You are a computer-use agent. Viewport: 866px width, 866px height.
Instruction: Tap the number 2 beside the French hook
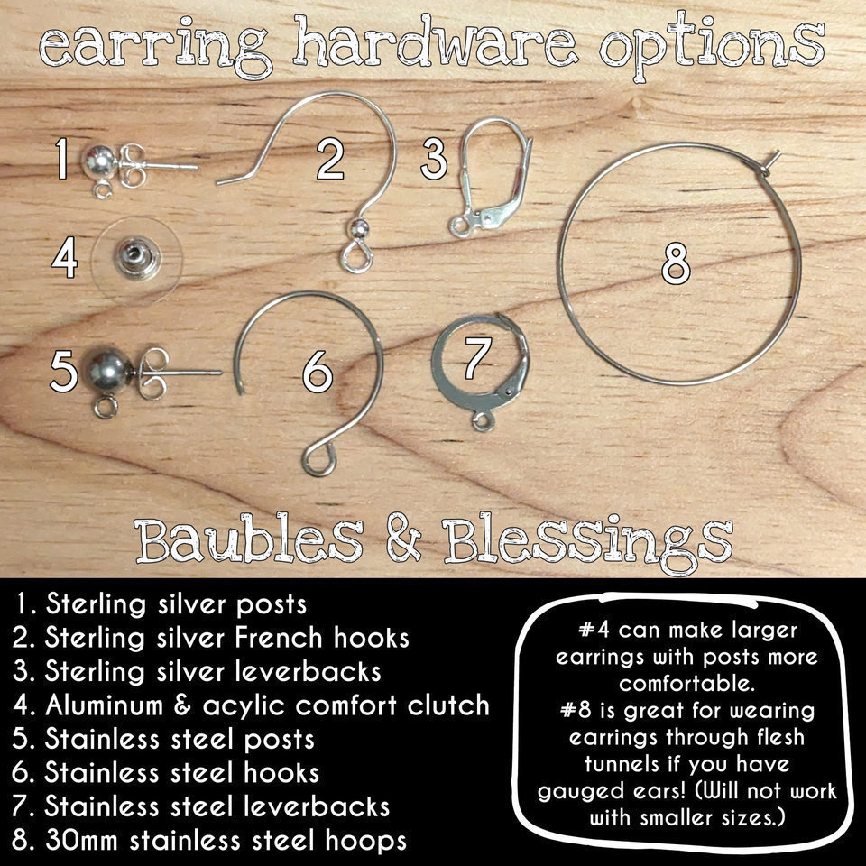point(330,159)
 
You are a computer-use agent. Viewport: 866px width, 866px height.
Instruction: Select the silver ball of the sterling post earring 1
point(100,161)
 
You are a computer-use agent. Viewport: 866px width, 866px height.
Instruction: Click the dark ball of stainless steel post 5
point(108,367)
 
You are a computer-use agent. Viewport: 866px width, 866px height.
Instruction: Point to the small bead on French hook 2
point(359,227)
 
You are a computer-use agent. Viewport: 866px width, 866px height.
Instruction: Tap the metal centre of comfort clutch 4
point(136,257)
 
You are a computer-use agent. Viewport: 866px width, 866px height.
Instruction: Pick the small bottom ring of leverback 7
point(482,422)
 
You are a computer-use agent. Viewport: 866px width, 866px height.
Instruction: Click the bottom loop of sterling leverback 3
point(459,226)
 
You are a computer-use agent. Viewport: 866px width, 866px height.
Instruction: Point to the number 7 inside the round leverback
point(477,358)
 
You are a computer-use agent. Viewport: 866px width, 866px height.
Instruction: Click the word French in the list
point(279,638)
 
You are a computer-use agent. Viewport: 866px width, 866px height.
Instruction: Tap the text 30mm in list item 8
point(82,840)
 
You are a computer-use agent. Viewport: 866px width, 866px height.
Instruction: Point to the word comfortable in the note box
point(686,684)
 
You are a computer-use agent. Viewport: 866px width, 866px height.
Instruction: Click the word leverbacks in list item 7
point(317,806)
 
